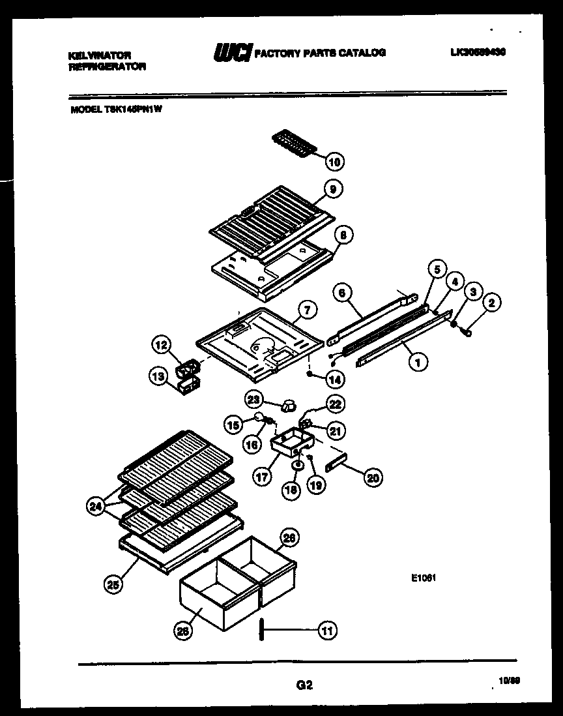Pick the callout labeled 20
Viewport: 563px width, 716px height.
(372, 477)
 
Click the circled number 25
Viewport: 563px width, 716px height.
(114, 584)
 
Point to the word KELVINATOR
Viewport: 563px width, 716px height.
(99, 56)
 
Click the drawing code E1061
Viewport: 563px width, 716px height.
(422, 576)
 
